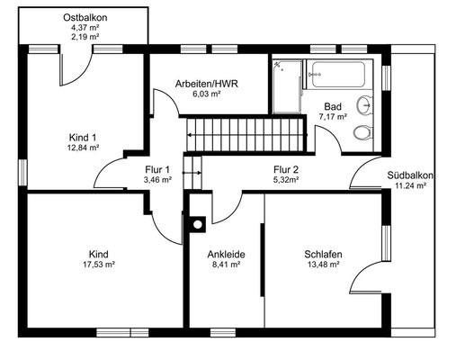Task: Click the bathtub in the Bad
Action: pos(338,74)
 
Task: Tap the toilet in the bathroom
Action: pos(362,132)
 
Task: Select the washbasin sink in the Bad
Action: pos(365,105)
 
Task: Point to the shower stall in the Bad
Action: pos(287,86)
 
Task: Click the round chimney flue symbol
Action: pos(198,224)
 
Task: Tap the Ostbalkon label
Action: pos(85,18)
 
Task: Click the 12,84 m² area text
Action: pos(83,148)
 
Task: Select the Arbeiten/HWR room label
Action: pos(207,84)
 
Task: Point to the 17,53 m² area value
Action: pos(99,265)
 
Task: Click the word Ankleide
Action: pos(226,255)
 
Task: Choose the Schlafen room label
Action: pos(323,255)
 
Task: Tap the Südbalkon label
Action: pos(410,175)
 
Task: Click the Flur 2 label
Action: pos(286,170)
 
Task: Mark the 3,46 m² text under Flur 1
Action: pos(157,180)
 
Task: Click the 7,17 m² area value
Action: pos(333,117)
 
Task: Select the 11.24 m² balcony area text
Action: pos(410,185)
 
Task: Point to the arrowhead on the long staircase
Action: pos(190,135)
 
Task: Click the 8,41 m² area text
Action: pos(226,265)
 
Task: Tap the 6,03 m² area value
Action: pos(207,94)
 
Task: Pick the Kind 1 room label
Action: pos(83,138)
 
